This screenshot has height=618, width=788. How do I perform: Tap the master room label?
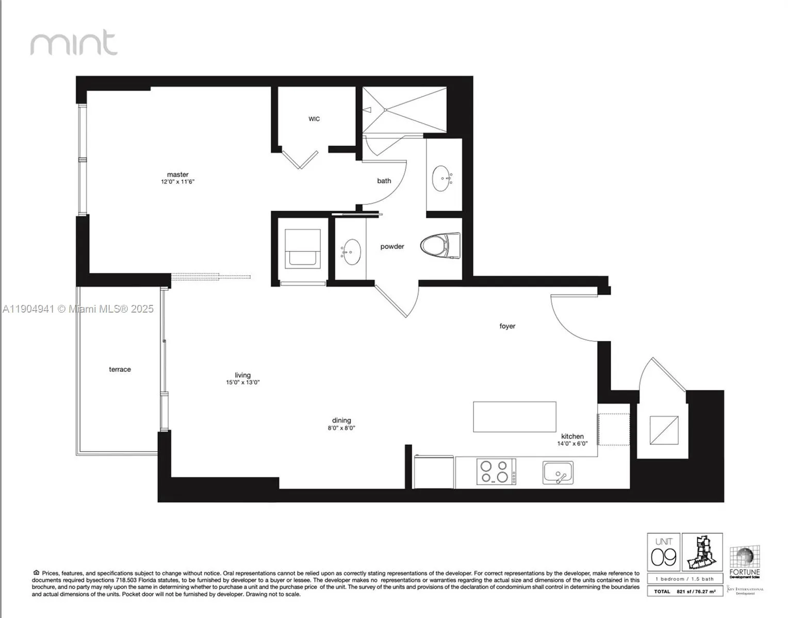[x=177, y=175]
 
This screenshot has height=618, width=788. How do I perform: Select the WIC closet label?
[x=314, y=119]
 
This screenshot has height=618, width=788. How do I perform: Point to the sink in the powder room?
[x=352, y=252]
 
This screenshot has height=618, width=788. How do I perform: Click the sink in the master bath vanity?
[x=441, y=178]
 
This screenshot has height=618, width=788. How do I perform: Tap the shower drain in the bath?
[x=385, y=110]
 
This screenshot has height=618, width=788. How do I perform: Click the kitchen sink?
[x=557, y=473]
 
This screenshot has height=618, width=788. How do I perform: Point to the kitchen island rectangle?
[x=515, y=417]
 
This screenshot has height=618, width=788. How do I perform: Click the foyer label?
[x=507, y=326]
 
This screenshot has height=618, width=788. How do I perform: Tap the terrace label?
[x=120, y=369]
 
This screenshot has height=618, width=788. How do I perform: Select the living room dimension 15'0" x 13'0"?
[x=242, y=383]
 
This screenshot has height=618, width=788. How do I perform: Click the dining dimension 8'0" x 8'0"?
[x=341, y=428]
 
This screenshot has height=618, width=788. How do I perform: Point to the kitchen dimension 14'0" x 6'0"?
[x=572, y=443]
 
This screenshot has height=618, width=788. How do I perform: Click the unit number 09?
[x=663, y=557]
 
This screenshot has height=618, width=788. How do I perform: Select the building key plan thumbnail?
[x=702, y=553]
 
